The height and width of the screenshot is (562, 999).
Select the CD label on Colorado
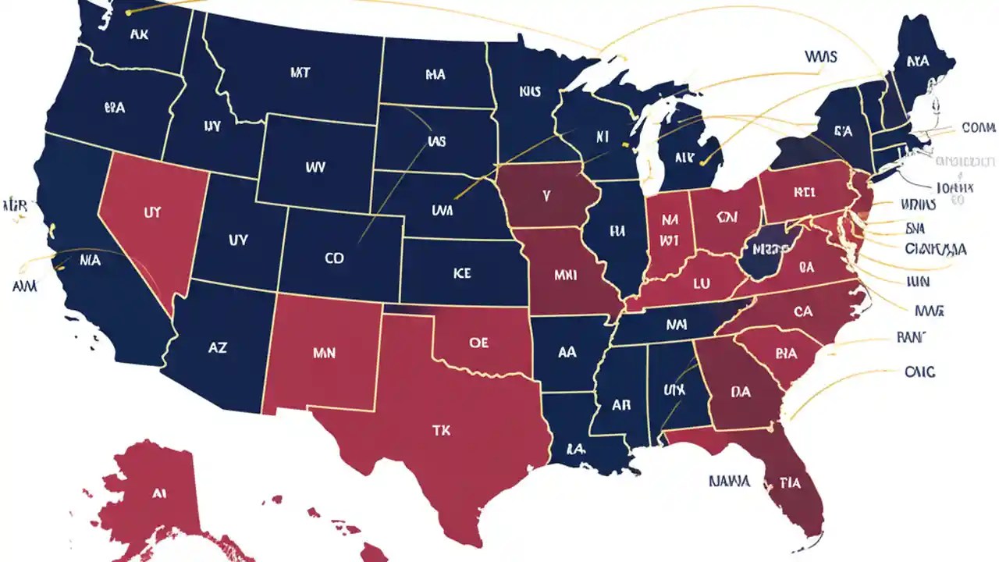[x=333, y=258]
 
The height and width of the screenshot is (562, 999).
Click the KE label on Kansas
[x=461, y=274]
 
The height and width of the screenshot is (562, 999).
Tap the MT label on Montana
[x=300, y=73]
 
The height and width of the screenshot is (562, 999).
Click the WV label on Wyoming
[x=315, y=166]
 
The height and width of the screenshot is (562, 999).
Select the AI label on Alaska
[x=159, y=493]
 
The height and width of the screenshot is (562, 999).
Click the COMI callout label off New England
[x=978, y=127]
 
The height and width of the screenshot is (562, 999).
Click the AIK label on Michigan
[x=684, y=157]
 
